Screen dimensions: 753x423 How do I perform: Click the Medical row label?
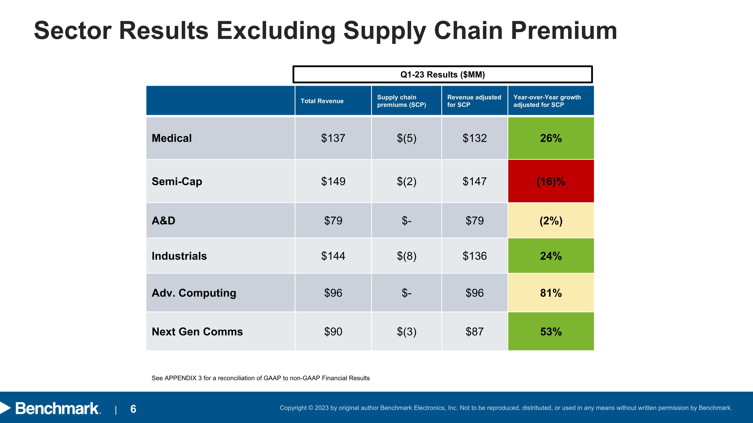(x=172, y=138)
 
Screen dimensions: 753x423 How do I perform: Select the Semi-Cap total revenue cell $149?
(x=333, y=181)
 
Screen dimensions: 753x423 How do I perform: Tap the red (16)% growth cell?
(x=551, y=181)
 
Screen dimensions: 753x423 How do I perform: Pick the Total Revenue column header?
(x=333, y=101)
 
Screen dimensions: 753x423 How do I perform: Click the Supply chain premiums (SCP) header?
(x=406, y=101)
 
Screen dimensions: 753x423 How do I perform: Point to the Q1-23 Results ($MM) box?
(x=443, y=74)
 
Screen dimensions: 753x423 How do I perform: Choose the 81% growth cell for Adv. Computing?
(x=551, y=293)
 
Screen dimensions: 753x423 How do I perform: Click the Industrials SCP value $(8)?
(x=406, y=256)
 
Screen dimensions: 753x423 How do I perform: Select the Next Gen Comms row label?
(x=197, y=332)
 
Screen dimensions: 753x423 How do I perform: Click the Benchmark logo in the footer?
(x=51, y=408)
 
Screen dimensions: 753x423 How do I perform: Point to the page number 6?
(x=133, y=409)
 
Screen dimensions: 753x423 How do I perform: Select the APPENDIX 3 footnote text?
(x=261, y=378)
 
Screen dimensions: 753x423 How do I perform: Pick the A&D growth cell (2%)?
(x=551, y=221)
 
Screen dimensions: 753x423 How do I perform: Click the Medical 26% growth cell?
(x=551, y=138)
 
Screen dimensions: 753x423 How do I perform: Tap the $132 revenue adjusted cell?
(x=475, y=138)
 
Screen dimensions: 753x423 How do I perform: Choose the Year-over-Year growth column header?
(x=551, y=101)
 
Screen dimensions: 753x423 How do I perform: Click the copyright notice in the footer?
(x=506, y=408)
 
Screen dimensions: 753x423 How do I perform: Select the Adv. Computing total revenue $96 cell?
(x=333, y=293)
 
